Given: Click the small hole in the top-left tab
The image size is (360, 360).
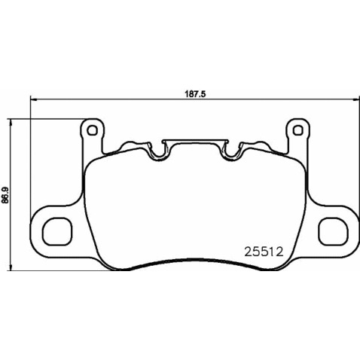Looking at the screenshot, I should click(x=93, y=130).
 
